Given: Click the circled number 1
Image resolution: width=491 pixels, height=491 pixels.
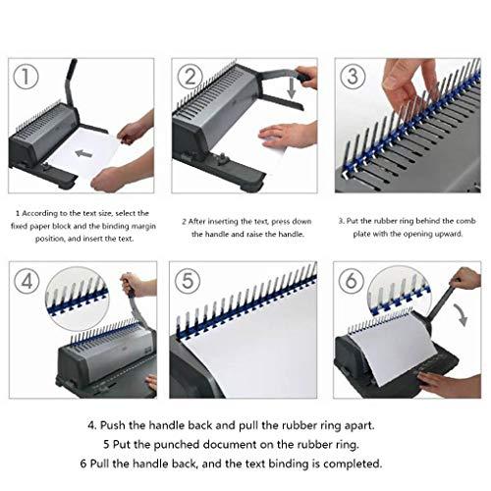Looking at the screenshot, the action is (26, 77).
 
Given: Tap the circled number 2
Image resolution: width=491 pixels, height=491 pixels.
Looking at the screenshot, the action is (191, 77).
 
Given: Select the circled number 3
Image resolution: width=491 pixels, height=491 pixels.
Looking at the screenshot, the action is (353, 76).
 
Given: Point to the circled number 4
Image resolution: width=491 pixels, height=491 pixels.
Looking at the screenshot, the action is (27, 281).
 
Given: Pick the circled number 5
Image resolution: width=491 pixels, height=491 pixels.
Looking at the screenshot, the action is (188, 281).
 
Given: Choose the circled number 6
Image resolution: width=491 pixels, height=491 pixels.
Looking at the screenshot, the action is (352, 280).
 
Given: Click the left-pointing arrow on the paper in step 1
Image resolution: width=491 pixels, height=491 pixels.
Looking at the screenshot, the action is (83, 153).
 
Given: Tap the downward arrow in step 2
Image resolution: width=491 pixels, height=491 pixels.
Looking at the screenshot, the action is (291, 88).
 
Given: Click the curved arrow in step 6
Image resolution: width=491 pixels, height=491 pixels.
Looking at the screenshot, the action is (461, 314).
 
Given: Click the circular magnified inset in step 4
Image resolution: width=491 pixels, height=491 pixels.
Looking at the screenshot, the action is (78, 299).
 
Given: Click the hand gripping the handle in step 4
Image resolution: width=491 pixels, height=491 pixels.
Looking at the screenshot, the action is (134, 285).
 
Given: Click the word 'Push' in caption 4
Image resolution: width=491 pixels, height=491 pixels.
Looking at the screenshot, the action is (113, 426).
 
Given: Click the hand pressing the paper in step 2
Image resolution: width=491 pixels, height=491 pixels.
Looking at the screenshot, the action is (288, 135).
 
